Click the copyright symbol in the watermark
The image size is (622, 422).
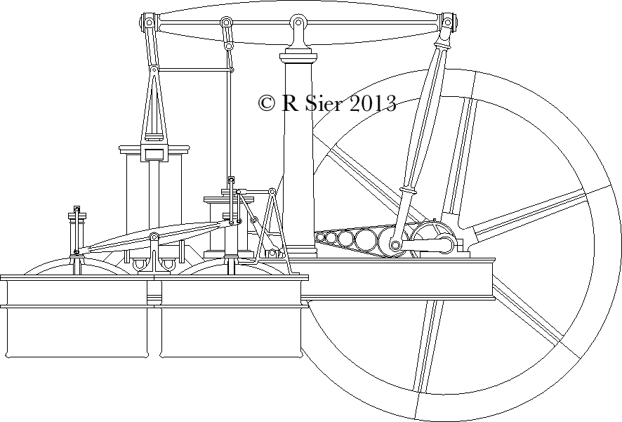266,103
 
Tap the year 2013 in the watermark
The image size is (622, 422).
372,103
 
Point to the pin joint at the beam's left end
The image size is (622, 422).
149,22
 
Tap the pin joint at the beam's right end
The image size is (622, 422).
447,23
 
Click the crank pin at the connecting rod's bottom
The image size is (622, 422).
396,245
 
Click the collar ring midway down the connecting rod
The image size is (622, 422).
408,190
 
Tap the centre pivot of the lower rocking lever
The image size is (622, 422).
154,237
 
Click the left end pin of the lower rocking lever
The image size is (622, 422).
76,252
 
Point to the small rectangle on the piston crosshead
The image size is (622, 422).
154,153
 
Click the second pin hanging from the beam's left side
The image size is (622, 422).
226,23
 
